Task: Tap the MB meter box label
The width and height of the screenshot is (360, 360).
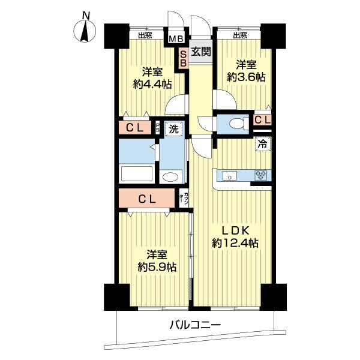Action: click(x=176, y=39)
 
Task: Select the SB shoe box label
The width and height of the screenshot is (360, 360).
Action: click(x=183, y=58)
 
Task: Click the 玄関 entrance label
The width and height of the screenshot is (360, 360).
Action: click(x=201, y=52)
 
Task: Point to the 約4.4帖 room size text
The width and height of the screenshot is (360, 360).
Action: click(x=152, y=85)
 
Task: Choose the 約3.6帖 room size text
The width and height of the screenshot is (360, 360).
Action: click(x=246, y=77)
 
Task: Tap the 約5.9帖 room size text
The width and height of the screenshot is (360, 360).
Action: click(x=157, y=267)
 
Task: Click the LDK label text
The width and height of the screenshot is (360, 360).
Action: click(x=235, y=231)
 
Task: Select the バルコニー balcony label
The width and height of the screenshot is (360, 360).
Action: click(x=195, y=325)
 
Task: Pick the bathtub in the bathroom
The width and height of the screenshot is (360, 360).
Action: click(x=137, y=174)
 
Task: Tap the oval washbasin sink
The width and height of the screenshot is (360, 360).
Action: click(x=170, y=177)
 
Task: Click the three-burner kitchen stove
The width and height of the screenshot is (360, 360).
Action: click(x=261, y=175)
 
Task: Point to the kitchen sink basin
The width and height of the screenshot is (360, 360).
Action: click(x=230, y=176)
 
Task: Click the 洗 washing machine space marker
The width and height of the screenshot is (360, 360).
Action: click(x=174, y=129)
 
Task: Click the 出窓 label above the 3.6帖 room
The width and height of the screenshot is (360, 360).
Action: click(x=240, y=35)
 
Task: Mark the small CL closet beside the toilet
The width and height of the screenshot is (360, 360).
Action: click(x=262, y=119)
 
